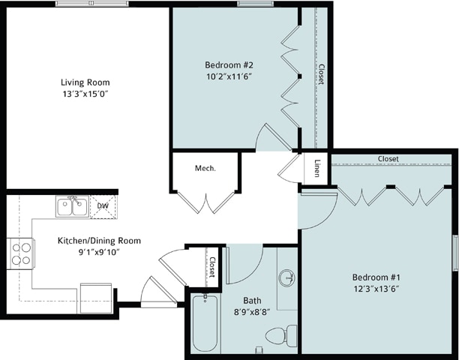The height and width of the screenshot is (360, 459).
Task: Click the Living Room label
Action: point(85,82)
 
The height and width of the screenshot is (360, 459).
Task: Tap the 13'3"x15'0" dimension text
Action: point(85,95)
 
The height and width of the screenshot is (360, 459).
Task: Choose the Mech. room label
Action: point(205,169)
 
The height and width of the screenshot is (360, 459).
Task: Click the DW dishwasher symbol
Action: point(103,206)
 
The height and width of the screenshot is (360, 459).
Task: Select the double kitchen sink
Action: point(73,206)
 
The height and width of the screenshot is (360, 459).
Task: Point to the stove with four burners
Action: point(21,253)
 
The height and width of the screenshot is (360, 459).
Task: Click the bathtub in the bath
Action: point(205,324)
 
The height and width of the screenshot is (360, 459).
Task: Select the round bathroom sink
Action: point(288,278)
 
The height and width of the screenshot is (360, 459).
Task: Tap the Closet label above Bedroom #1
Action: point(388,159)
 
